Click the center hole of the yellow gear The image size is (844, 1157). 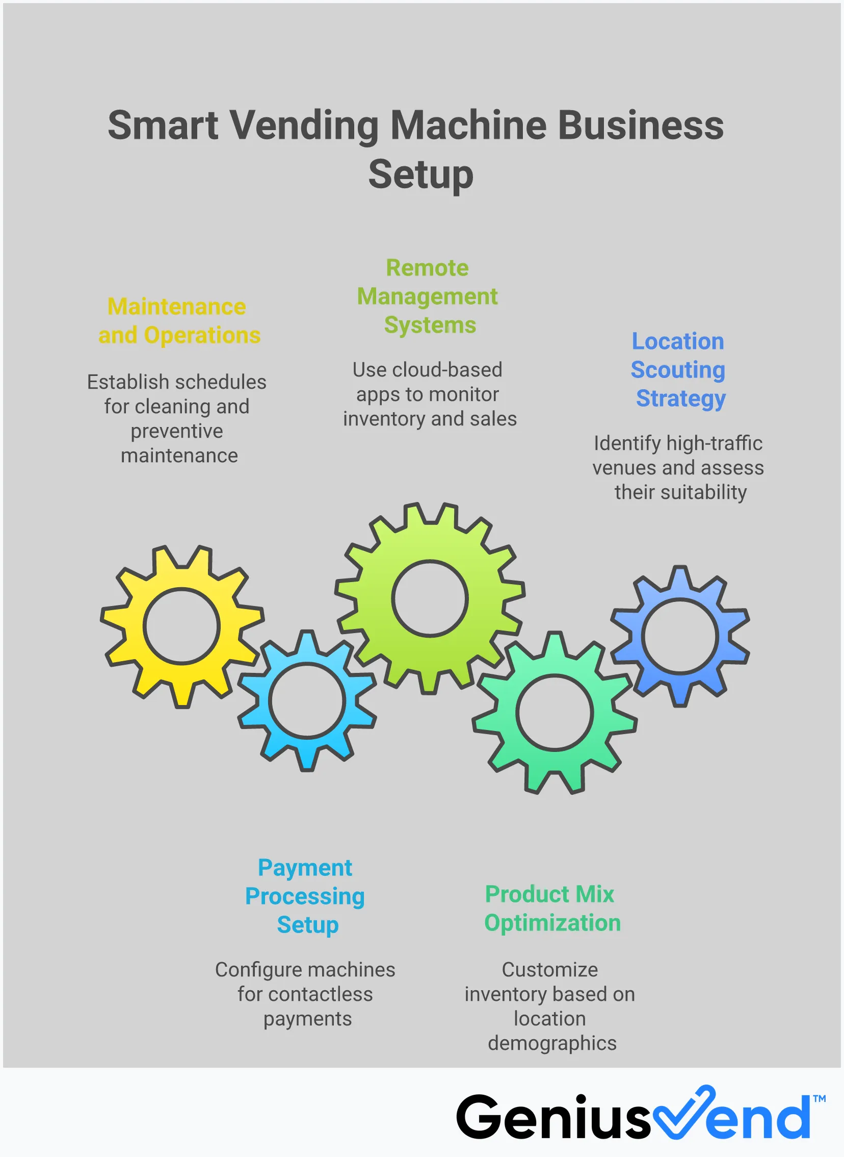tap(181, 626)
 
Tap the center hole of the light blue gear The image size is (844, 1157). tap(307, 700)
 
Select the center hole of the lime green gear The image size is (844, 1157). tap(430, 598)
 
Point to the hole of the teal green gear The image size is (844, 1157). tap(555, 712)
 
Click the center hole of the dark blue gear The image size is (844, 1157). tap(679, 636)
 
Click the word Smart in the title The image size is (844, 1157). tap(163, 125)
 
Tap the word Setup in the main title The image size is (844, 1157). tap(421, 174)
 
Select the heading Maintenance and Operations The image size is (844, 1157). tap(179, 320)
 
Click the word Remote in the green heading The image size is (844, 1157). tap(427, 267)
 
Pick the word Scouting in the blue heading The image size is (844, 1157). tap(677, 370)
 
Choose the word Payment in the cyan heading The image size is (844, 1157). tap(305, 867)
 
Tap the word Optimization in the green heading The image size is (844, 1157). tap(552, 922)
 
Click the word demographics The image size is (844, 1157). tap(552, 1043)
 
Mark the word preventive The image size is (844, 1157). tap(177, 431)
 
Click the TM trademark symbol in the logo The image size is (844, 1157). tap(819, 1098)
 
